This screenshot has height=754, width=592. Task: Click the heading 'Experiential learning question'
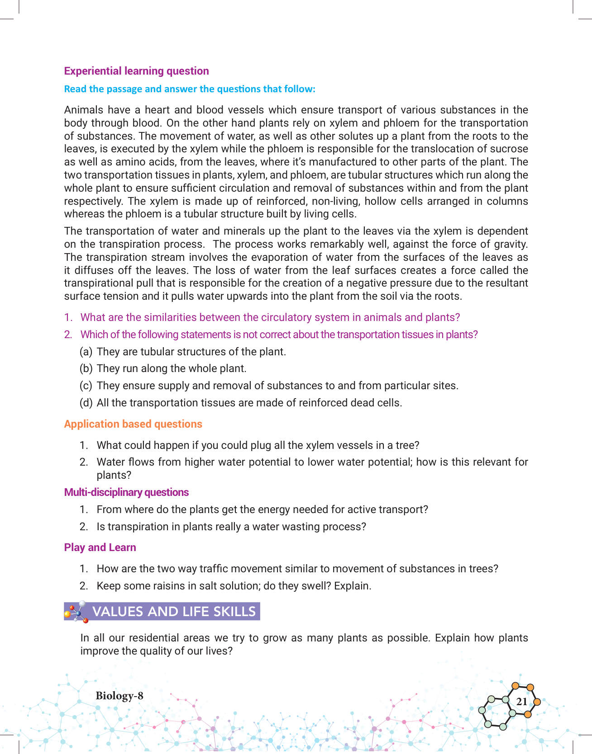[x=136, y=71]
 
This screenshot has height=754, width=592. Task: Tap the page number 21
[x=521, y=702]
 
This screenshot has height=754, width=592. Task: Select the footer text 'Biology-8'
[x=119, y=696]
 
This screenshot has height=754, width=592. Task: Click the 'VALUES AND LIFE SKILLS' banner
[x=174, y=612]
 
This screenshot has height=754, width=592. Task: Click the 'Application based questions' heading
[x=133, y=424]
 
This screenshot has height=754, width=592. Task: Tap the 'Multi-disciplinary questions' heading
[x=126, y=492]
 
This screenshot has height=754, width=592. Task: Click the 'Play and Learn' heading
[x=100, y=547]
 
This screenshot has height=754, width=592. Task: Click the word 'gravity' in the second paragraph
[x=510, y=244]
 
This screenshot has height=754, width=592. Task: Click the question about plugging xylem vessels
[x=258, y=445]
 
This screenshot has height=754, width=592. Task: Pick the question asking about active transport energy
[x=262, y=509]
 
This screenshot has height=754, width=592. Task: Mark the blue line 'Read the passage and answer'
[x=190, y=89]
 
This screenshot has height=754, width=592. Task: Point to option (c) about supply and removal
[x=277, y=386]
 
